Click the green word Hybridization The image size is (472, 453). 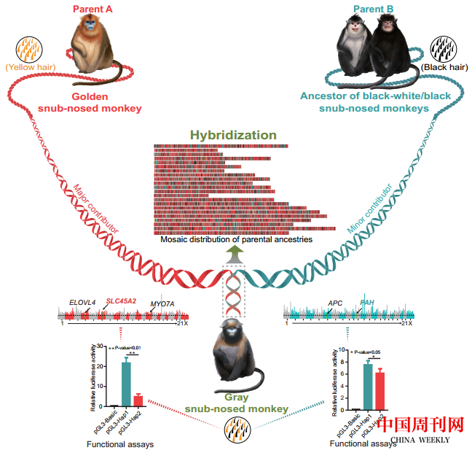233,135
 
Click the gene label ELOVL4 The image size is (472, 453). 82,301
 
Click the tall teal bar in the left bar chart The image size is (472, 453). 126,382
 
